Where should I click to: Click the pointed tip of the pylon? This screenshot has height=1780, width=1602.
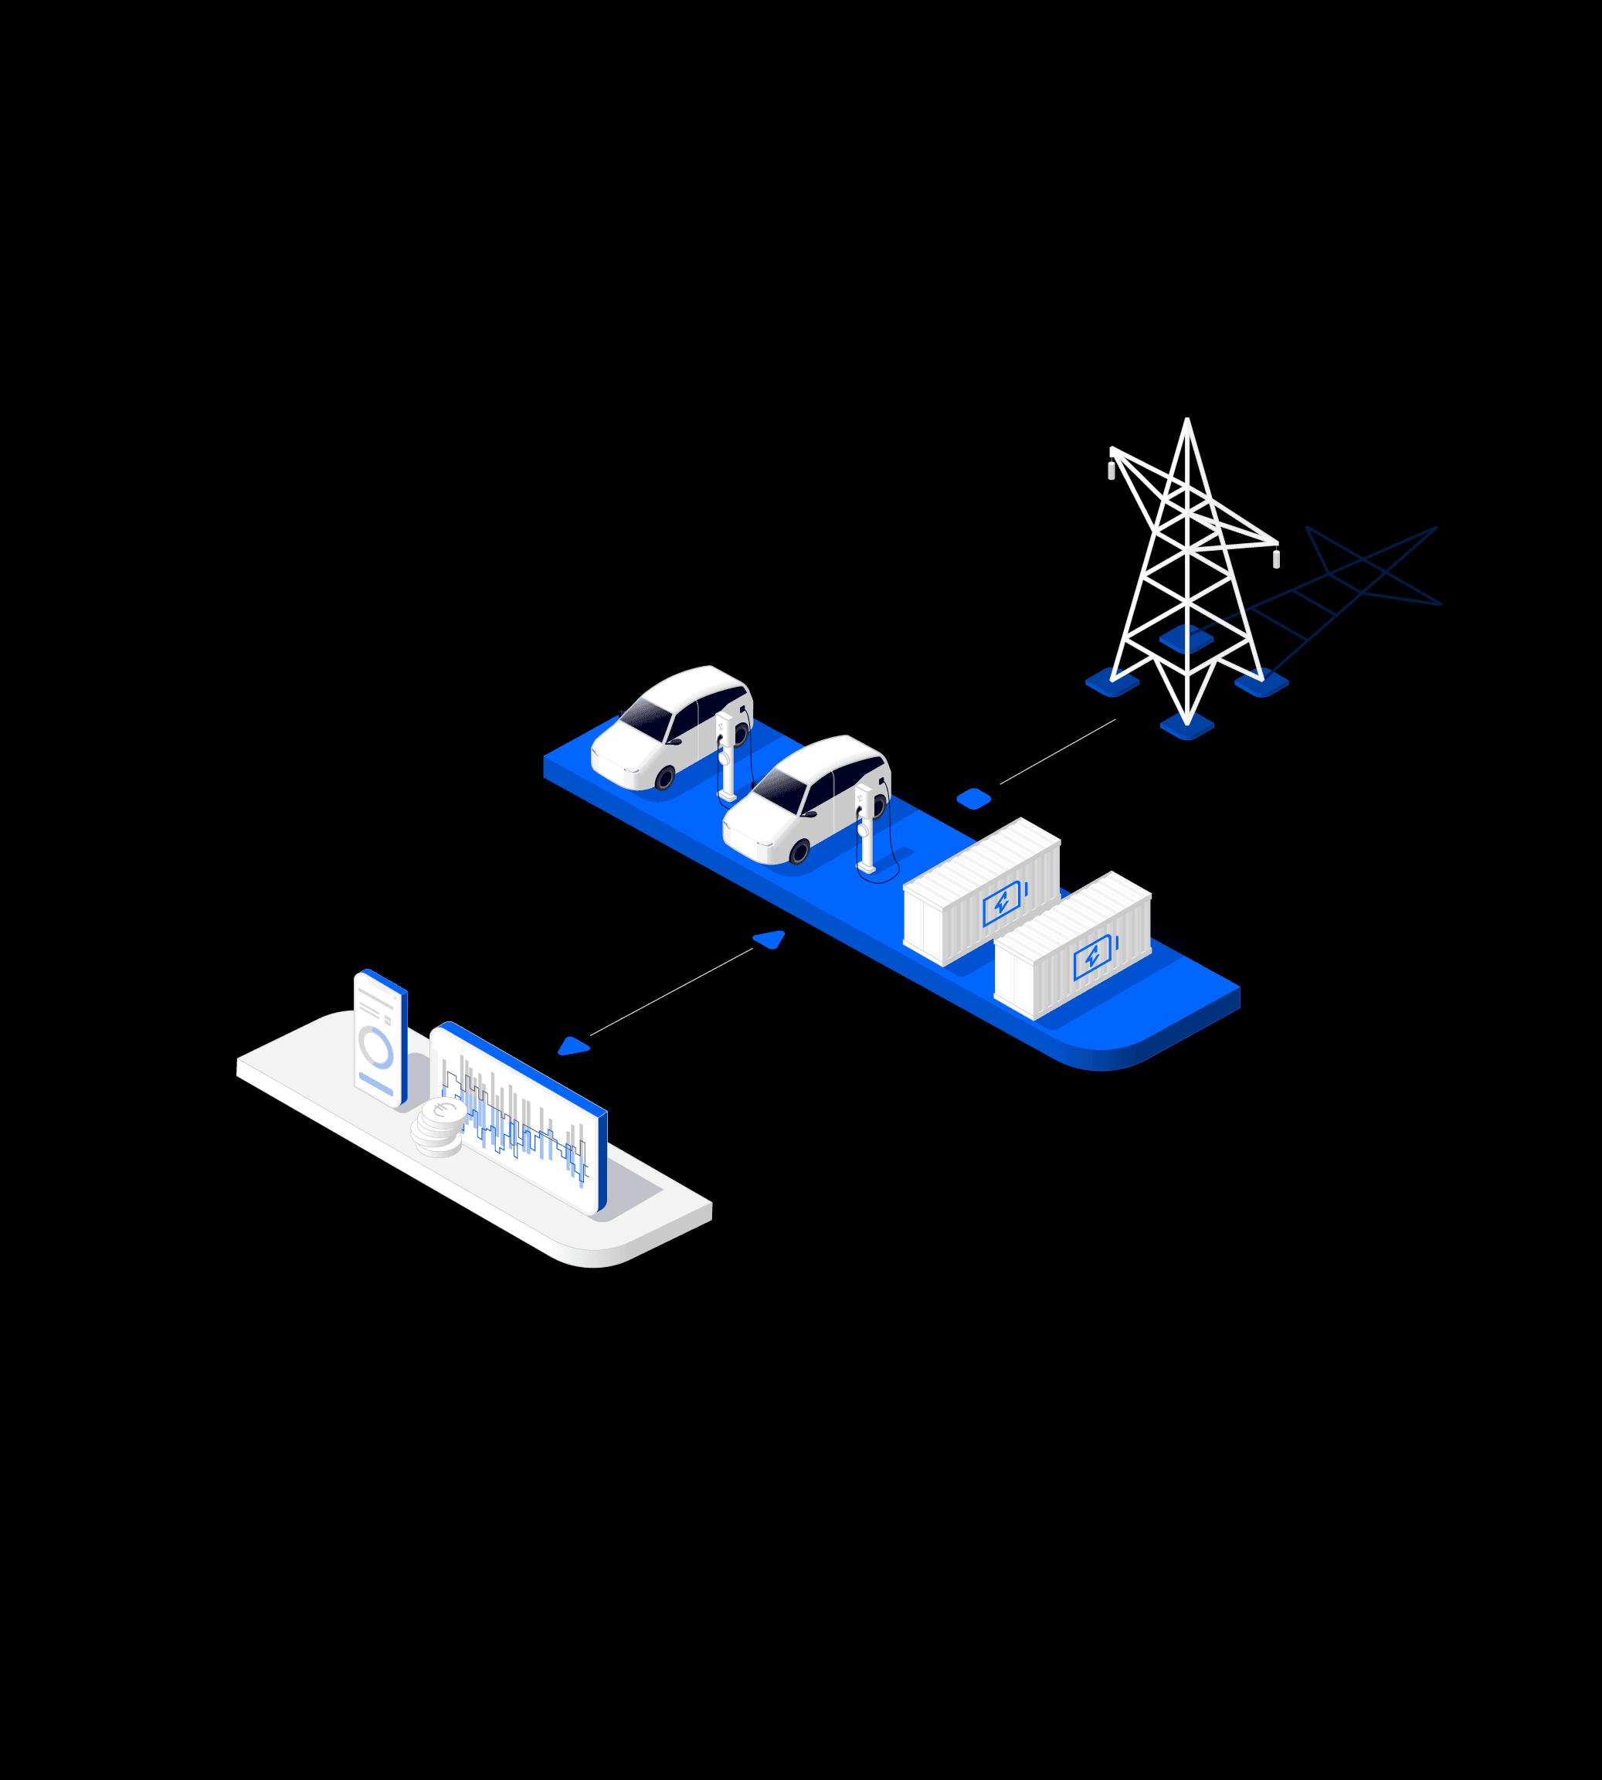[x=1186, y=422]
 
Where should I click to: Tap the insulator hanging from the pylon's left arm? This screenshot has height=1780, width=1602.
[x=1111, y=470]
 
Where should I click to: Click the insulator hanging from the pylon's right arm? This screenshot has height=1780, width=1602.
[x=1276, y=558]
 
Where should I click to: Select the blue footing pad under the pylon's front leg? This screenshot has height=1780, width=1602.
[x=1186, y=726]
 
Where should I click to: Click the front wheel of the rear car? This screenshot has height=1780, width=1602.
[x=664, y=776]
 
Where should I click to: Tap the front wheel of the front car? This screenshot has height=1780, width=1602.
[x=799, y=851]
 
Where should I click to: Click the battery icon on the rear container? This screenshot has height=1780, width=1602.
[x=1003, y=903]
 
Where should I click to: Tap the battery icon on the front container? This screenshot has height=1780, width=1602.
[x=1093, y=957]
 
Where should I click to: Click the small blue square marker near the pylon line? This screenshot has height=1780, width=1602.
[x=973, y=798]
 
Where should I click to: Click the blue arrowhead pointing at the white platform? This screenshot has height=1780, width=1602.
[x=573, y=1046]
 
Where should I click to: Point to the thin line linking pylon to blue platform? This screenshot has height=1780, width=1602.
[x=1056, y=751]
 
